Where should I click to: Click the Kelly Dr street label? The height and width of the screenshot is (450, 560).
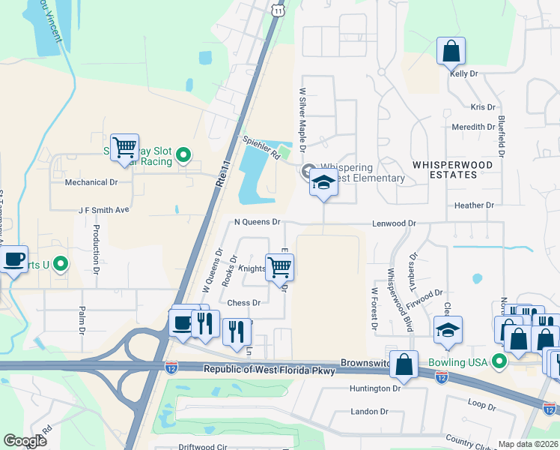click(463, 73)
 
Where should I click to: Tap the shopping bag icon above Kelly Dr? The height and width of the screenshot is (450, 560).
click(451, 52)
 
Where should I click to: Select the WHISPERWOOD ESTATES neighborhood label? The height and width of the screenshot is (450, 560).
click(444, 169)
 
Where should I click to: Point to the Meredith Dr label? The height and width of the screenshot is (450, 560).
click(473, 127)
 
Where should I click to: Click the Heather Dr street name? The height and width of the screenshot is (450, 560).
click(474, 205)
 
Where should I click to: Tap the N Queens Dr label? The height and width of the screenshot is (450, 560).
click(257, 222)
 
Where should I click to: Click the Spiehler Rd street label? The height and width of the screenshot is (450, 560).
click(260, 147)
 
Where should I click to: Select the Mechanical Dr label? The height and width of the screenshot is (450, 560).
click(91, 182)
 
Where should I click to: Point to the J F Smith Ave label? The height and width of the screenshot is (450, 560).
click(104, 211)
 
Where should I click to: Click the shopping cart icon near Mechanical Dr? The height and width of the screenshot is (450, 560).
click(124, 145)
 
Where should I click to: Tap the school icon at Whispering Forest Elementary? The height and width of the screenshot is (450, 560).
click(323, 183)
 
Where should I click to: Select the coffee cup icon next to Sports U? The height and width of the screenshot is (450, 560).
click(13, 259)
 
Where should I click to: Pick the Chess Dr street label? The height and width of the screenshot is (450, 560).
click(243, 303)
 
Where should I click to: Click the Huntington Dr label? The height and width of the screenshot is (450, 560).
click(376, 388)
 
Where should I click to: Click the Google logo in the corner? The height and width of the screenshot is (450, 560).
click(25, 441)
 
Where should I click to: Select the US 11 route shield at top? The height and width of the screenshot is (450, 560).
click(278, 9)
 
